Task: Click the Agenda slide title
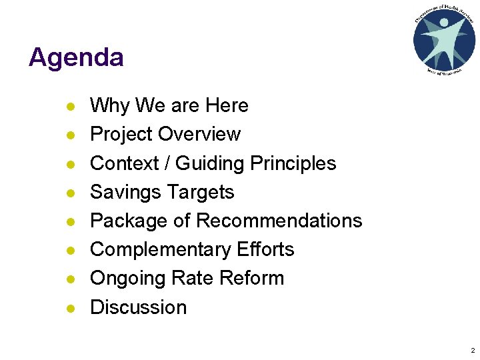pyautogui.click(x=76, y=58)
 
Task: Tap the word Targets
pyautogui.click(x=200, y=192)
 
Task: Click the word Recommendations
pyautogui.click(x=279, y=221)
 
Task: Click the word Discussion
pyautogui.click(x=138, y=307)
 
